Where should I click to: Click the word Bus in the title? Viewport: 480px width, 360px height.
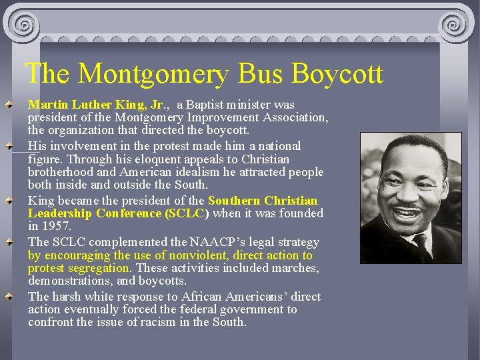[x=255, y=73]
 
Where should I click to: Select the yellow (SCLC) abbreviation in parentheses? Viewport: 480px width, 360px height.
[x=187, y=213]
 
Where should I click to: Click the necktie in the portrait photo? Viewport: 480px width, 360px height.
[x=421, y=247]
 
